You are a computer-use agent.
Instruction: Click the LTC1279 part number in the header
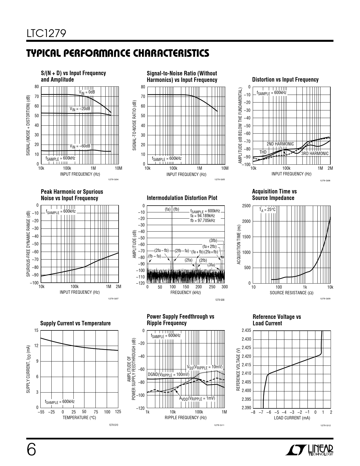coord(46,34)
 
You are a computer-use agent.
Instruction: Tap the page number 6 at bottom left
coord(32,450)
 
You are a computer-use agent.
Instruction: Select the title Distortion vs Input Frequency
coord(285,80)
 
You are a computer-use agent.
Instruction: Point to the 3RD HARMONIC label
coord(315,154)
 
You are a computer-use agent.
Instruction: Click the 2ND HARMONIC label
coord(280,144)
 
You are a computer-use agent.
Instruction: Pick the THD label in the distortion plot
coord(263,152)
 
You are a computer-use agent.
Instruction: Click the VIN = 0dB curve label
coord(87,92)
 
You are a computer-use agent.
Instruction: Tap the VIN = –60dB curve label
coord(80,146)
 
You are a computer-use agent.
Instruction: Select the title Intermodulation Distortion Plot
coord(182,198)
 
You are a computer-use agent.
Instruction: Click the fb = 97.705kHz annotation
coord(203,221)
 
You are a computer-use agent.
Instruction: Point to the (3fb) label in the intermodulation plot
coord(213,241)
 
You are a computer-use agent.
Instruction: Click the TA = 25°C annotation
coord(267,210)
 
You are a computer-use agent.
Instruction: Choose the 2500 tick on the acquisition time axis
coord(246,206)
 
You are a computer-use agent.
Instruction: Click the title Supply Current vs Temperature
coord(75,323)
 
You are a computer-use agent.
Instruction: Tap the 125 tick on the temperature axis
coord(118,412)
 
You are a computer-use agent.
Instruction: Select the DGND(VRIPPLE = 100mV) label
coord(168,374)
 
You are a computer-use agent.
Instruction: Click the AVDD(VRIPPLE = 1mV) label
coord(197,398)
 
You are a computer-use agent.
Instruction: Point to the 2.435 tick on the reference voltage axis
coord(246,330)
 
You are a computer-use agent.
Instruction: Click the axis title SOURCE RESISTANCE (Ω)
coord(291,293)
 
